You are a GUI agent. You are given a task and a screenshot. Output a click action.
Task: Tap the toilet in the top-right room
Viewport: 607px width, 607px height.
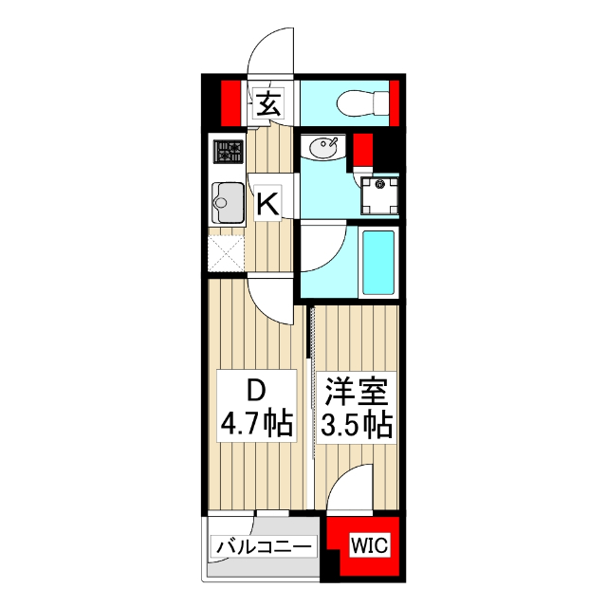tap(364, 100)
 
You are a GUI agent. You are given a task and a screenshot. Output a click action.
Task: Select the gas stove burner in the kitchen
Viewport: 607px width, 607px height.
tap(228, 152)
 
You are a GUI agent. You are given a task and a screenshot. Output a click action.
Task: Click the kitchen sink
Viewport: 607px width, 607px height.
tap(227, 199)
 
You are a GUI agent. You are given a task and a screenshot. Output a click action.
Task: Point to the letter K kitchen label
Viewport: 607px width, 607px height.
tap(267, 203)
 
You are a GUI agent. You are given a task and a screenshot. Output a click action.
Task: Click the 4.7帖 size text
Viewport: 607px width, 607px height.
tap(255, 423)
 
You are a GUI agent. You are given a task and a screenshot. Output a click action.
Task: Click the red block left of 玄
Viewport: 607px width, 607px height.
tap(229, 102)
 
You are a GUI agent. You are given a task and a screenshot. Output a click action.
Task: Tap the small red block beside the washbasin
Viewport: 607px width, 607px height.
tap(361, 150)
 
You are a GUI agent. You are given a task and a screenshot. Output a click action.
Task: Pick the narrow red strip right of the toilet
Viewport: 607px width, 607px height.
tap(395, 102)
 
